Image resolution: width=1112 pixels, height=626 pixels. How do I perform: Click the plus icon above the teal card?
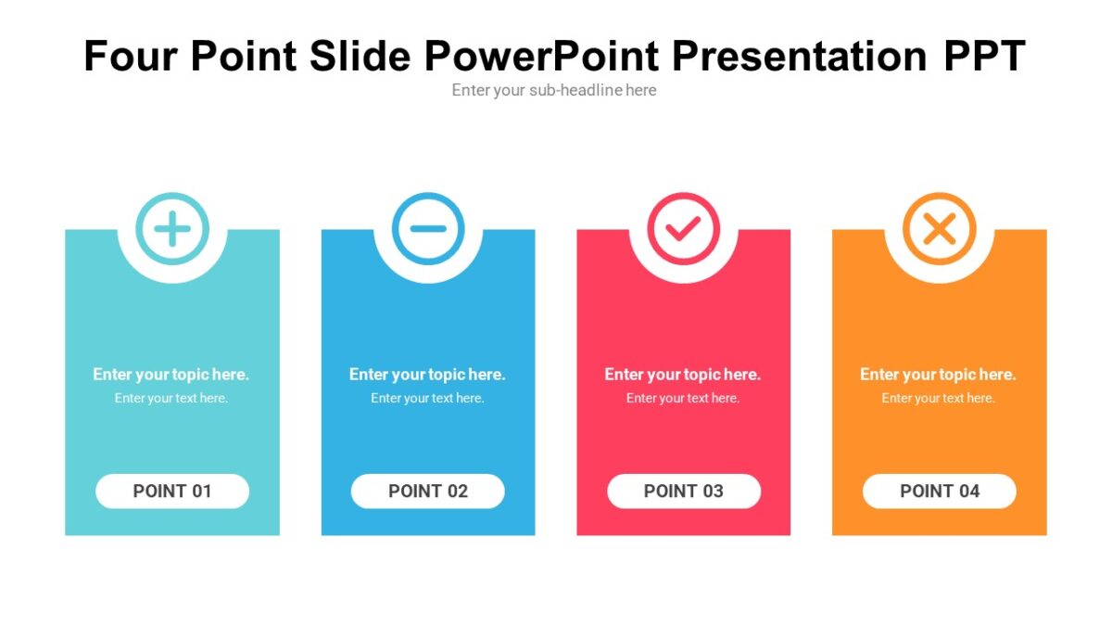(x=172, y=229)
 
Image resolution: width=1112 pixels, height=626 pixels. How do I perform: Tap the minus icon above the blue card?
(x=427, y=229)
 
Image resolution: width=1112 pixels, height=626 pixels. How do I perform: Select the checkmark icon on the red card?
(x=683, y=229)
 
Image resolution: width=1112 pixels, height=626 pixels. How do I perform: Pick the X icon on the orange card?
(x=939, y=229)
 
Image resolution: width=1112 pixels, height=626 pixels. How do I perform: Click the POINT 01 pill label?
(x=172, y=491)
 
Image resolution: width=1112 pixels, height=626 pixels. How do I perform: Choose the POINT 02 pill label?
(x=427, y=491)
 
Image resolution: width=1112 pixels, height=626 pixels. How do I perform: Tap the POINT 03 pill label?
(x=684, y=491)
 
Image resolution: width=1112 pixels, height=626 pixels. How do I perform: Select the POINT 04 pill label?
(x=939, y=491)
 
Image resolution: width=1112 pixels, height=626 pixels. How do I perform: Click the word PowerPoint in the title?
(x=541, y=56)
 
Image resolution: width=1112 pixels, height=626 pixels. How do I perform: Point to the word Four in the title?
(x=130, y=56)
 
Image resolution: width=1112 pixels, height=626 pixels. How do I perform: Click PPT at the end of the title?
(x=984, y=56)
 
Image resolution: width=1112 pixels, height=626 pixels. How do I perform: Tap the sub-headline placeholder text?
(x=554, y=90)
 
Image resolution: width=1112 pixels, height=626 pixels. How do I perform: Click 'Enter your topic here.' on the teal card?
(x=171, y=375)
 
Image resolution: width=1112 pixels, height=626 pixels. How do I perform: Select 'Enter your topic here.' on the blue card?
(x=427, y=375)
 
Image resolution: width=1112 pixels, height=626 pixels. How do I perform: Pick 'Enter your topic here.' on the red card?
(x=683, y=375)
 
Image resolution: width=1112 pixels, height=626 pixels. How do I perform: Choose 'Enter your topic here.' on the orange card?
(x=938, y=375)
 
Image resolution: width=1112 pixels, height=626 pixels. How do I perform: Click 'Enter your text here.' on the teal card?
(x=171, y=398)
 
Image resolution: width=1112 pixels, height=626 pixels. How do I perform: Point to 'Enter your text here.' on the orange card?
(x=938, y=398)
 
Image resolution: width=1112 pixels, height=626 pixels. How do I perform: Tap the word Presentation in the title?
(x=799, y=56)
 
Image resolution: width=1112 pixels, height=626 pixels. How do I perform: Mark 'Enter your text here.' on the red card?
(x=683, y=398)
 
